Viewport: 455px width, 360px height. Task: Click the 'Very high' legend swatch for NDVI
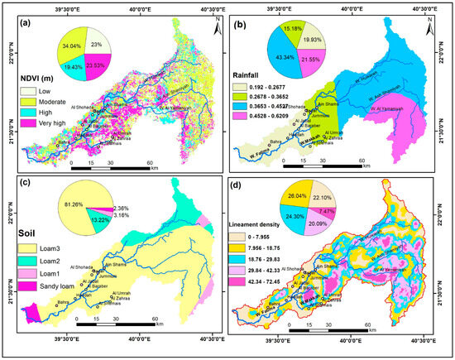coord(26,124)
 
